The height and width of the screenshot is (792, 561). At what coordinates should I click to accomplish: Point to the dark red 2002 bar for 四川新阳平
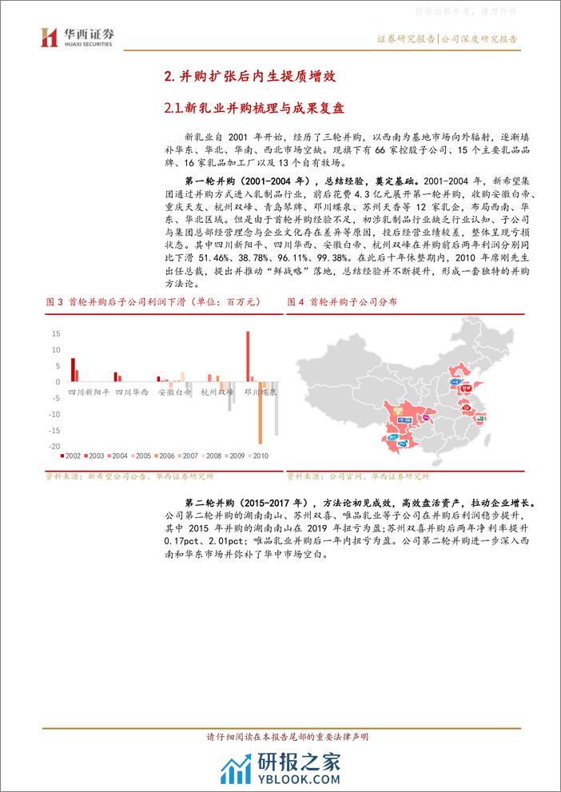(x=73, y=370)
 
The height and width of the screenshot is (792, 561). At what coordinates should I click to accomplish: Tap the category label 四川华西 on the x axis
(x=132, y=392)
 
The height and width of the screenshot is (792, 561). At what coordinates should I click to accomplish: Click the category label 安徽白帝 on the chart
(x=174, y=392)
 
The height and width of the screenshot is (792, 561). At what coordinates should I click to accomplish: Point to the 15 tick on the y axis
(x=56, y=333)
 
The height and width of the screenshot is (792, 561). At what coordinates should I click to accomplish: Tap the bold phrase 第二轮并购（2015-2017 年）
(x=240, y=504)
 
